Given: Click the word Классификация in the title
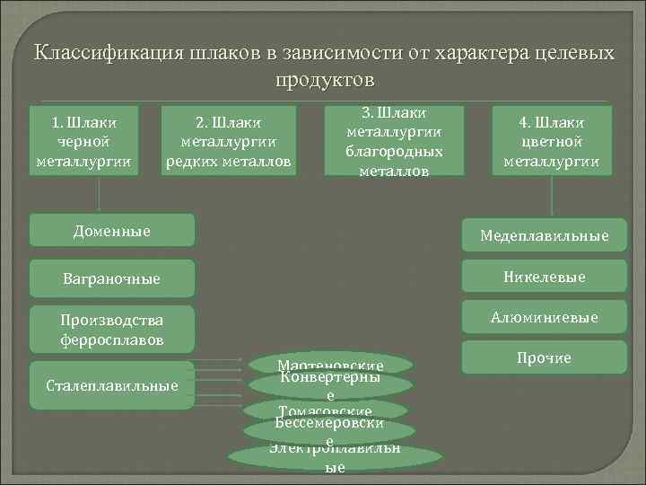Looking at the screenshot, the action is [100, 52].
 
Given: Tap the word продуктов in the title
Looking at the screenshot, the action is [323, 80].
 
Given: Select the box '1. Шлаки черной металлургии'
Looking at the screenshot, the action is [84, 141].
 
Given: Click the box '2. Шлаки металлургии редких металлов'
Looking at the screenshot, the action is [228, 141].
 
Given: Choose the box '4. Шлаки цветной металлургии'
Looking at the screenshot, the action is [551, 141].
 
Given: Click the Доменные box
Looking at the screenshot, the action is [112, 231].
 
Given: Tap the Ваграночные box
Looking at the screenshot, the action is [112, 278].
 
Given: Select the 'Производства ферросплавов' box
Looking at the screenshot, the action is [112, 330].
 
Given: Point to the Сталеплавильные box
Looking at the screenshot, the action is [112, 385].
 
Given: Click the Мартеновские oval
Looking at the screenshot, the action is [331, 364].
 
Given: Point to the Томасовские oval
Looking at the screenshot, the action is [331, 410].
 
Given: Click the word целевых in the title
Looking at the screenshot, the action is [569, 52].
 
